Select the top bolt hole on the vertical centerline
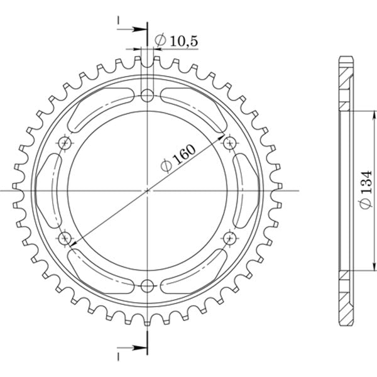147,96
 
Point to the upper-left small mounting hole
65,144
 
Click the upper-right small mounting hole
229,144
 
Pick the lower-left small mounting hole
65,238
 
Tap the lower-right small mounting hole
229,238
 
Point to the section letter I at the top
118,21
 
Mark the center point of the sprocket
147,190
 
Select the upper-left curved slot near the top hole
101,108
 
